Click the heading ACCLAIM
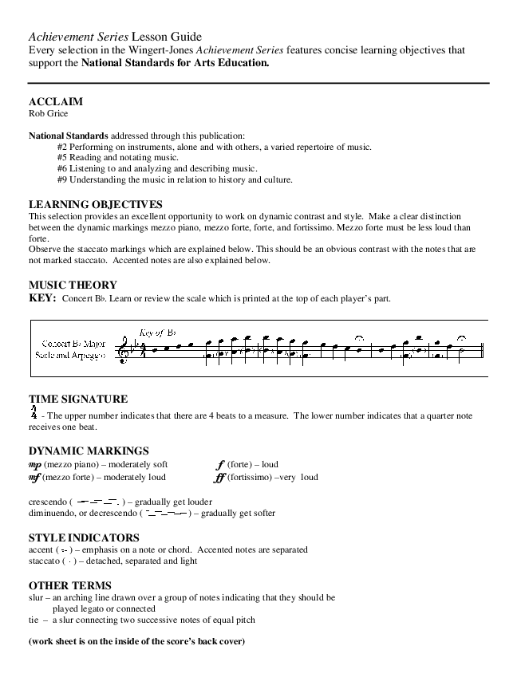[55, 102]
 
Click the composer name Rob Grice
[48, 113]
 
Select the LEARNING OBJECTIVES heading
[95, 204]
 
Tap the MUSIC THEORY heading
[73, 285]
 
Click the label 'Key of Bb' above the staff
[157, 333]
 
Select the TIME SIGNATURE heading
[78, 399]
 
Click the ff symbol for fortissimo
[220, 478]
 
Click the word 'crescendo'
[47, 502]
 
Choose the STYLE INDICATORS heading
[84, 537]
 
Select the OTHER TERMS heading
[69, 585]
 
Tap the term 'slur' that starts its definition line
[36, 596]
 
